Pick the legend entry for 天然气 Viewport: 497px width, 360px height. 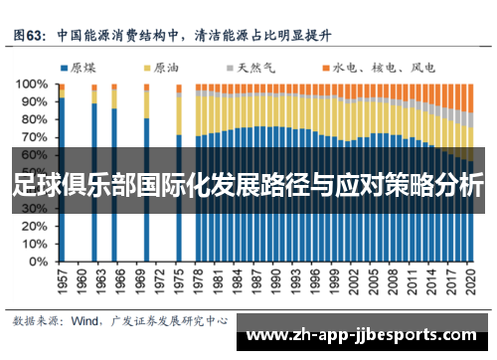pos(253,69)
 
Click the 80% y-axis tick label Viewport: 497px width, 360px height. pos(34,120)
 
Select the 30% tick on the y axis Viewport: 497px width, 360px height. pos(34,209)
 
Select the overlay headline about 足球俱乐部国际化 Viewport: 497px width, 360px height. pos(248,186)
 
